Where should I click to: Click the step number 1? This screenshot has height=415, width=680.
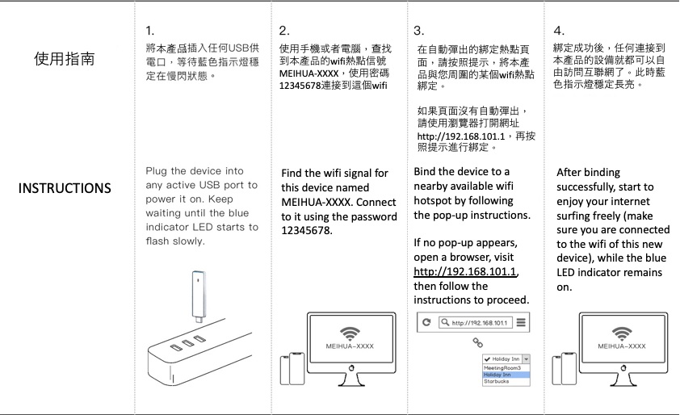click(x=149, y=31)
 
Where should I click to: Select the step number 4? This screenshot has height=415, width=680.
click(x=559, y=31)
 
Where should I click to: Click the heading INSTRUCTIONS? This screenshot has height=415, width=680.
click(x=65, y=188)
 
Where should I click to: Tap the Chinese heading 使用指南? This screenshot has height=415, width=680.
click(x=65, y=59)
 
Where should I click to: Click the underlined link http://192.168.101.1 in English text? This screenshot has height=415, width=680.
click(x=465, y=271)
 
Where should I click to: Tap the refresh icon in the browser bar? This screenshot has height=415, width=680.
click(x=426, y=323)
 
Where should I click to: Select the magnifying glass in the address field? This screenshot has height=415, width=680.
click(x=444, y=323)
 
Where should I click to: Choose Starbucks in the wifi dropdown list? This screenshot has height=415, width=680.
click(x=496, y=381)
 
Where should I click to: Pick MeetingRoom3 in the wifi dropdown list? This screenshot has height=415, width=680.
click(x=501, y=368)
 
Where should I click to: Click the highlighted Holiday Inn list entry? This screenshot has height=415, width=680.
click(x=497, y=375)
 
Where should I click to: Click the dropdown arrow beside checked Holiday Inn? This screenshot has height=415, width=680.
click(x=526, y=358)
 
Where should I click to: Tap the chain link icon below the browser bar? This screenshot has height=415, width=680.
click(x=476, y=342)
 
